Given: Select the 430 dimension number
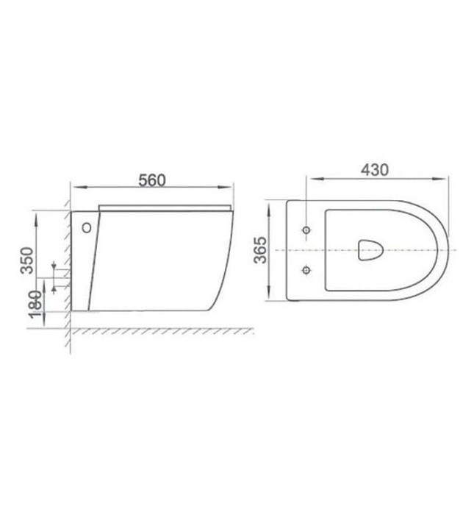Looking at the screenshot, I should click(375, 168).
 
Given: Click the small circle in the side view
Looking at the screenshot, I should click(87, 227).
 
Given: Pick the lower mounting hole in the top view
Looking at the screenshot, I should click(306, 271).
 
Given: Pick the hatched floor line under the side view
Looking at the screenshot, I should click(162, 329).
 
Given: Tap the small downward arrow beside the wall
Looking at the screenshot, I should click(54, 266).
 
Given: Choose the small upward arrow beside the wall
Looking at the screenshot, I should click(54, 288).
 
